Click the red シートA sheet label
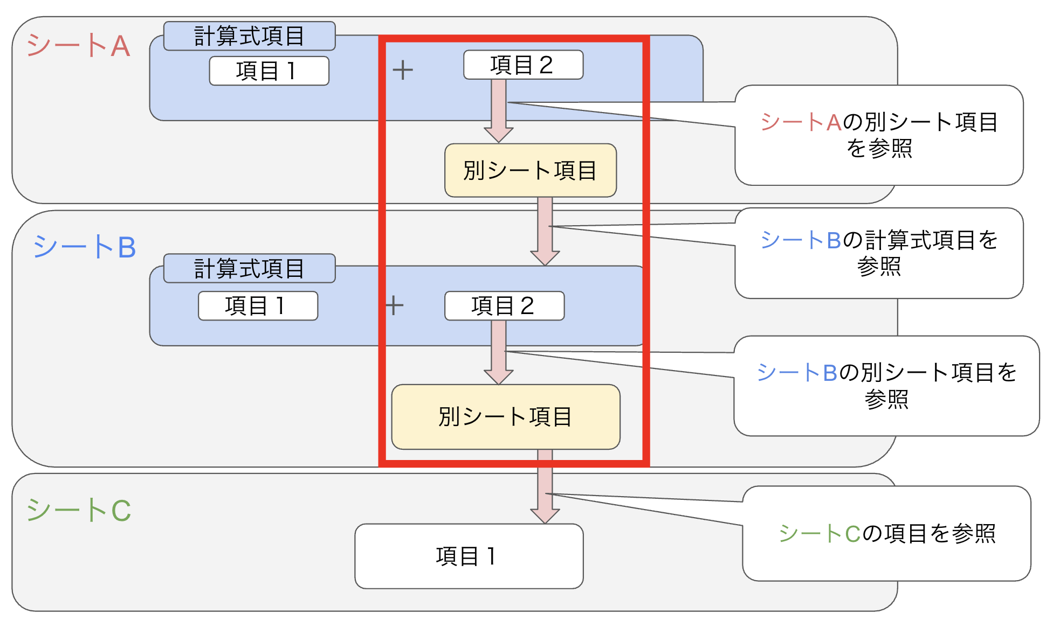[x=79, y=45]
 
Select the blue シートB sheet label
[x=85, y=247]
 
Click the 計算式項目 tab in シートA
[x=249, y=36]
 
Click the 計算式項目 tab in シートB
[x=249, y=268]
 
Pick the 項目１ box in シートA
[x=269, y=71]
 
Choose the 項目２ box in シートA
[x=523, y=65]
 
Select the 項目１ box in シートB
[x=258, y=306]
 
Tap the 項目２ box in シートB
[x=504, y=306]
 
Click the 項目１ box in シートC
[x=469, y=556]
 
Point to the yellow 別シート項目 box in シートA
[x=530, y=170]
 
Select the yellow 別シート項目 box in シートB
[x=505, y=416]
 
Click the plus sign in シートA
[x=403, y=70]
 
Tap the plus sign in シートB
[x=395, y=305]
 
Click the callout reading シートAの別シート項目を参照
[x=879, y=135]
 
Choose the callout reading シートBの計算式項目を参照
[x=879, y=253]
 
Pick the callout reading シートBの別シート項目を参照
[x=886, y=386]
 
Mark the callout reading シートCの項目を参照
[x=886, y=533]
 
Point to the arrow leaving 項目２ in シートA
[x=499, y=110]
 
